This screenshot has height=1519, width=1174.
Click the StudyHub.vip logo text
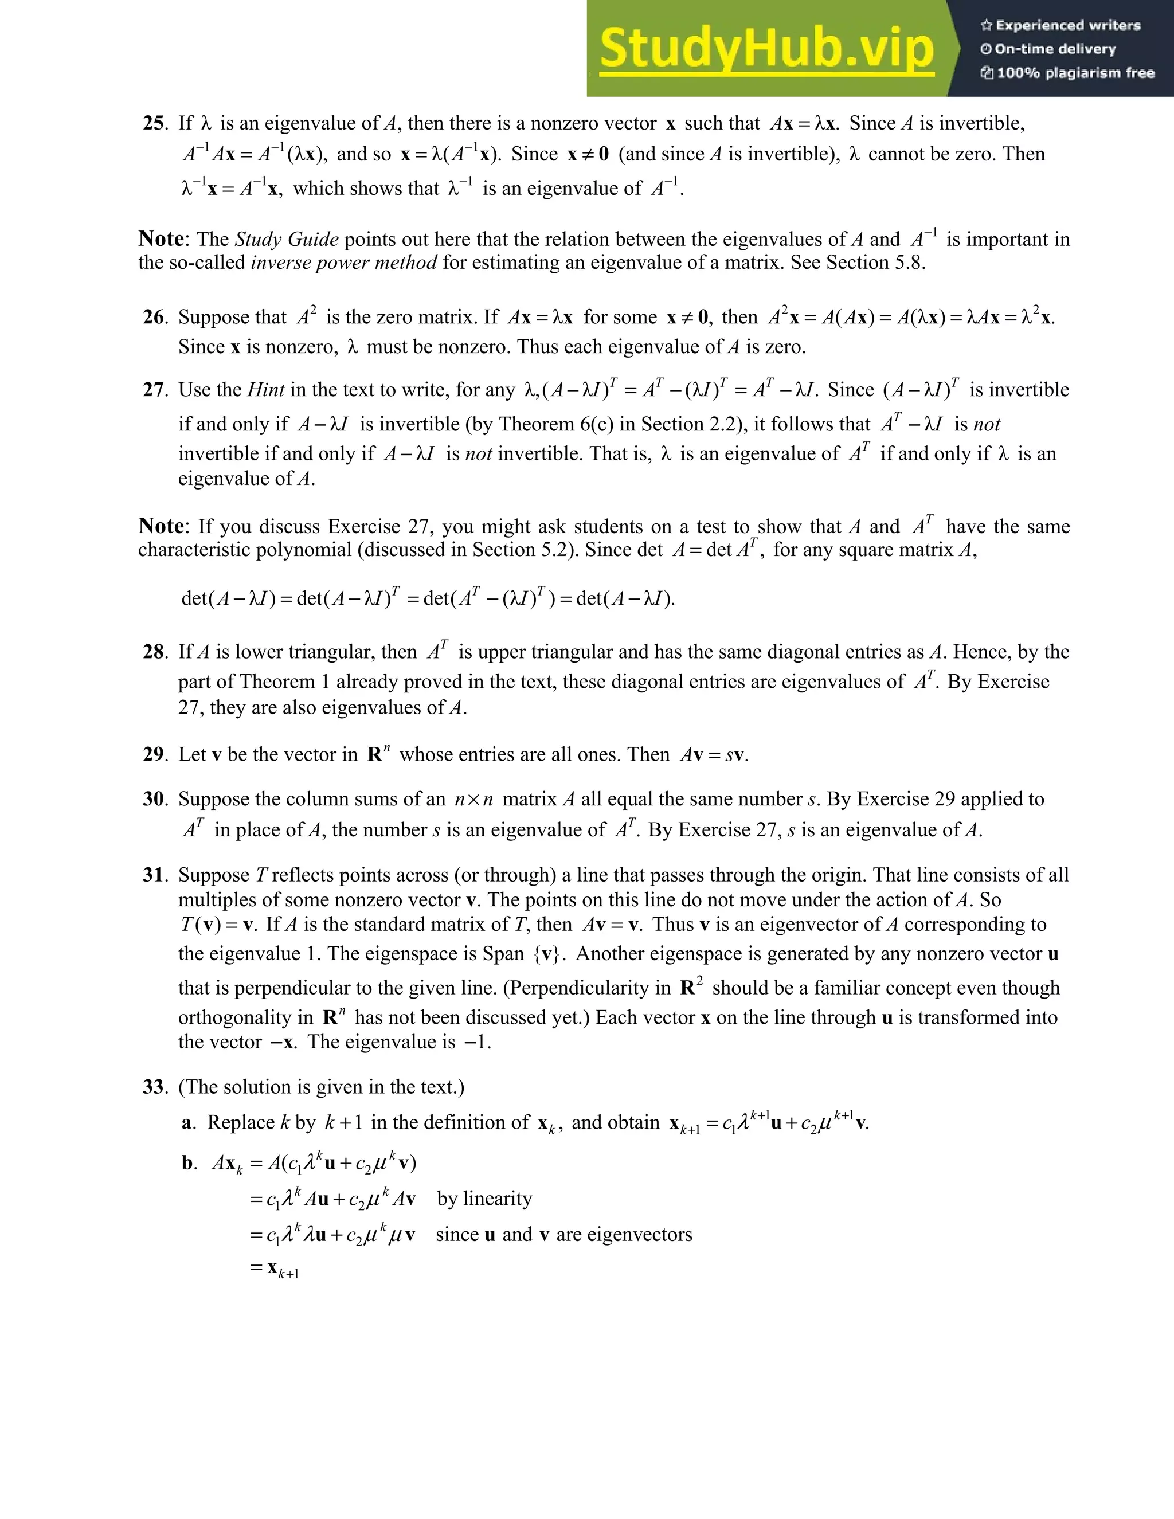[x=766, y=49]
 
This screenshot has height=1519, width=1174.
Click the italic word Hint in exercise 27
[x=265, y=390]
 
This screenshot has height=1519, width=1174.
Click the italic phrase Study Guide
[x=287, y=240]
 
